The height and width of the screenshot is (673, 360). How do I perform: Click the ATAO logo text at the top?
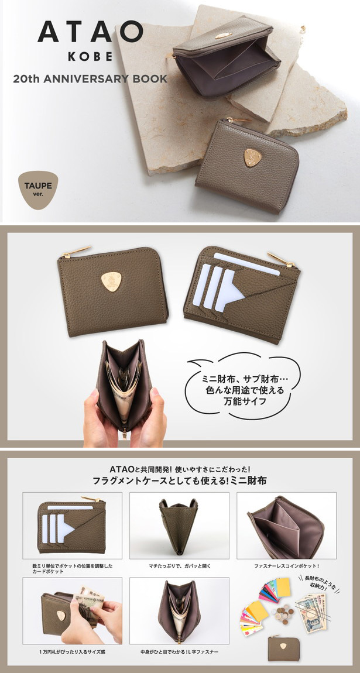coord(90,31)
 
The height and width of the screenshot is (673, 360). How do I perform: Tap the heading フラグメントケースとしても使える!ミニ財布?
coord(180,481)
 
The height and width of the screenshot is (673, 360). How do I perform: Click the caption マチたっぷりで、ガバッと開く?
coord(180,566)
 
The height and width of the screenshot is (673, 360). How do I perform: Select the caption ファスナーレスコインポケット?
coord(286,566)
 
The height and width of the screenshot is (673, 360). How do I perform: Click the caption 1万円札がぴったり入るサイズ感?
coord(72,651)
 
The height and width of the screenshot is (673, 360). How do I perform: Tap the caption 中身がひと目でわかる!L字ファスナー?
coord(180,651)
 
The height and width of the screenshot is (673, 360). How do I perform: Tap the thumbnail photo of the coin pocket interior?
coord(286,525)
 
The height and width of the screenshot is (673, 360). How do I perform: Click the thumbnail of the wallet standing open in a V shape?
coord(179,525)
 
